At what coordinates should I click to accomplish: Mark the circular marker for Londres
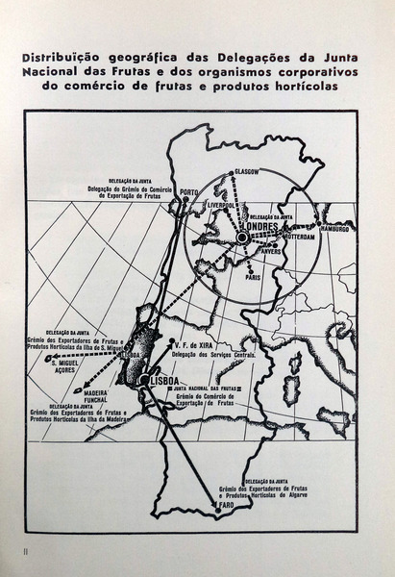(242, 237)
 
